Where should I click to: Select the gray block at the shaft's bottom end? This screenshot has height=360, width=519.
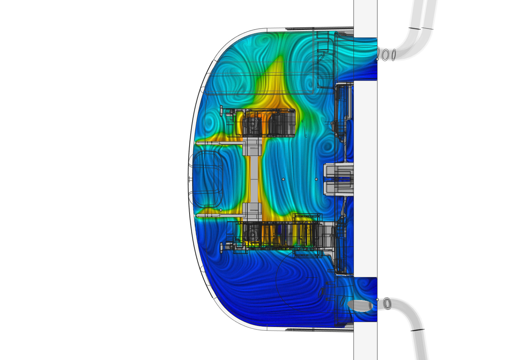[x=252, y=211]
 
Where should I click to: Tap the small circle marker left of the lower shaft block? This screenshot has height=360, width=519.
[x=221, y=210]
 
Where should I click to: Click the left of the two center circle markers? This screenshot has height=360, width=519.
[x=283, y=179]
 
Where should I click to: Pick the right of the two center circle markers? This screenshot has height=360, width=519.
[x=316, y=179]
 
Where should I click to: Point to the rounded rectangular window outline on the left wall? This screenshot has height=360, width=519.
[x=208, y=179]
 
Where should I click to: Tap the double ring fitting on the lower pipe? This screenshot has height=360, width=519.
[x=387, y=303]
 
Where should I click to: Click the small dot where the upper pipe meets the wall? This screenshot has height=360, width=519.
[x=377, y=59]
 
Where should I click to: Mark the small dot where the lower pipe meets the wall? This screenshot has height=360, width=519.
[x=377, y=300]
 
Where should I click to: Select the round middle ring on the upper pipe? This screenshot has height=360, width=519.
[x=385, y=55]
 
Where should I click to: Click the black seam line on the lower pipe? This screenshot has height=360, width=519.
[x=418, y=330]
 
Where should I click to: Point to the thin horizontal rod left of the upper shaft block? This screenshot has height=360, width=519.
[x=218, y=143]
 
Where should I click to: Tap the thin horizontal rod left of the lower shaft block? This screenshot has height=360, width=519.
[x=218, y=215]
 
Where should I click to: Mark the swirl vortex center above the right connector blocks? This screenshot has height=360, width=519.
[x=326, y=146]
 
